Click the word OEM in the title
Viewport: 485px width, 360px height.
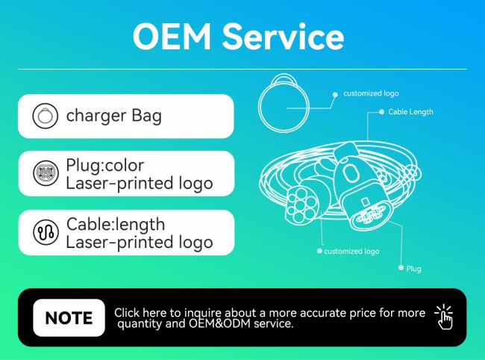[x=172, y=37]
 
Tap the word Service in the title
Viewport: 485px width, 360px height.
[x=283, y=37]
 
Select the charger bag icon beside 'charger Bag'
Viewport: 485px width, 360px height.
[x=46, y=116]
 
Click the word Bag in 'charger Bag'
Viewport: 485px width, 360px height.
[x=146, y=116]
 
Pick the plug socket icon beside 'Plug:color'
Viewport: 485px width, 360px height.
[x=46, y=173]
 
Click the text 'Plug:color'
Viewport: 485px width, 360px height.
[x=105, y=165]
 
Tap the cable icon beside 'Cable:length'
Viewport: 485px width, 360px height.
[x=46, y=232]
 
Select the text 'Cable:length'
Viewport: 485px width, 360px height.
[x=116, y=224]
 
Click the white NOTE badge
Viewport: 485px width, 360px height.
[x=69, y=317]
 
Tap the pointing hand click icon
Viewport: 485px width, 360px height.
[x=445, y=317]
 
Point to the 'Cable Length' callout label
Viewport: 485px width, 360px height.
[x=410, y=112]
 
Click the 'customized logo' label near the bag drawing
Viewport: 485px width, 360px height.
[x=371, y=93]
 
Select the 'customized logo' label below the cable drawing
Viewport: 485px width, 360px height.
[x=351, y=251]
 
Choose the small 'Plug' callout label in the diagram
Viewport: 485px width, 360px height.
[x=413, y=268]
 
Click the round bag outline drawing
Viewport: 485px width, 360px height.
[x=259, y=107]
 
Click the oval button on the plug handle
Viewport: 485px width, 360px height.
[x=350, y=171]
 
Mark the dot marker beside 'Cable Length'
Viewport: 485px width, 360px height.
[x=382, y=112]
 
